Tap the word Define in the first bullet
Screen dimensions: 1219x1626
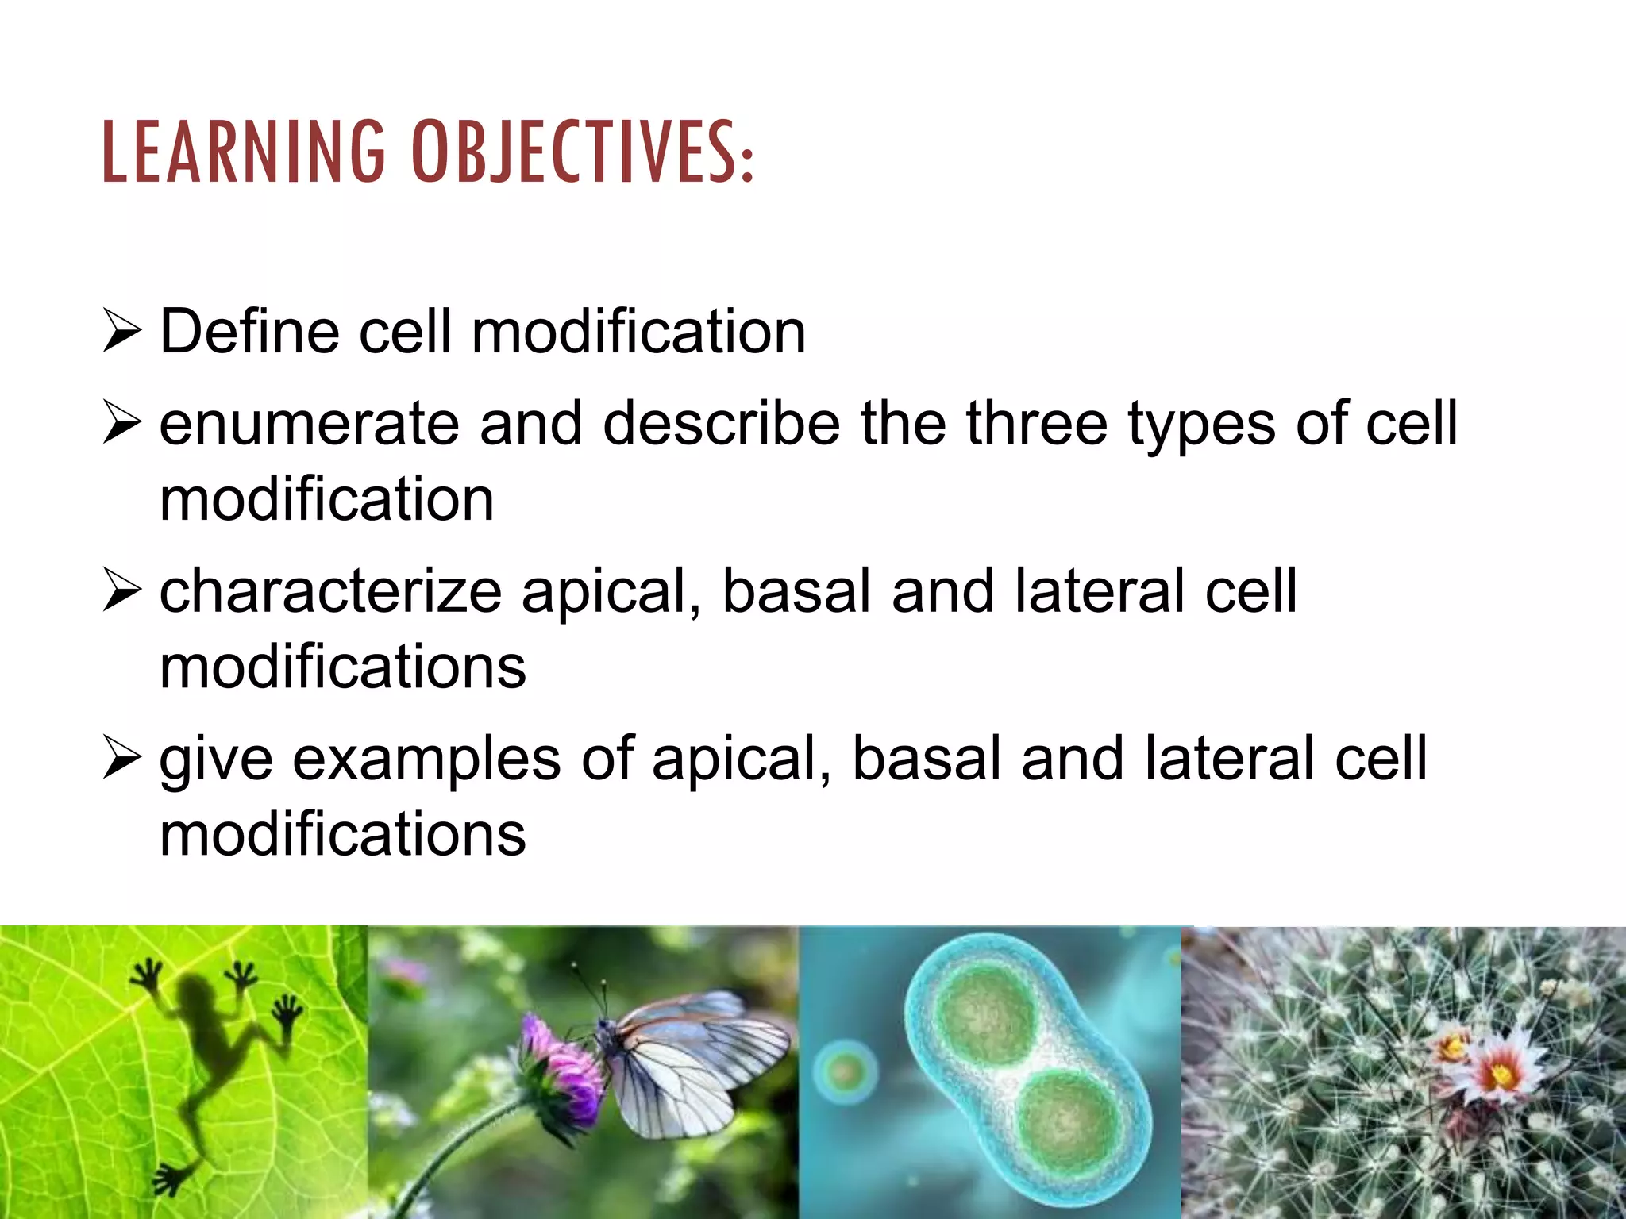(x=249, y=331)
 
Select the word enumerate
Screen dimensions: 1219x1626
(x=309, y=424)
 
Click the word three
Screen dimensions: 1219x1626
(x=1036, y=424)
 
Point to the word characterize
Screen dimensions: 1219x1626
(x=330, y=592)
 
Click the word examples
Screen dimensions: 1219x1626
(x=427, y=759)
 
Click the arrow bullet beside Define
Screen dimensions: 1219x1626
(x=122, y=333)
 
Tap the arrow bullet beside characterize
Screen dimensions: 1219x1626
(x=122, y=593)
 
